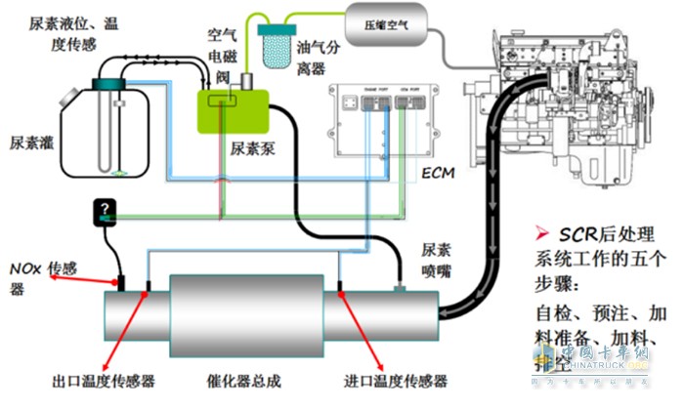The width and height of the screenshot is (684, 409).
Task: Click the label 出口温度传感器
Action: (104, 381)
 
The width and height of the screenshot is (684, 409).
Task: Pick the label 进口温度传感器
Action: (396, 381)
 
